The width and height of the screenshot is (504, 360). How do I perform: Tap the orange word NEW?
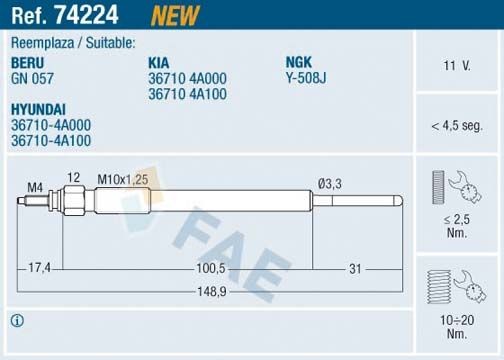174,14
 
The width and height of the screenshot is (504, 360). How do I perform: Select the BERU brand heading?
28,61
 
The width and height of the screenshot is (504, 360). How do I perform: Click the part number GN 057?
32,76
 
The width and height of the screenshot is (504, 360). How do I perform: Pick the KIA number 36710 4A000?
189,77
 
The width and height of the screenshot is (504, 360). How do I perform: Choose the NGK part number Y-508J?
307,76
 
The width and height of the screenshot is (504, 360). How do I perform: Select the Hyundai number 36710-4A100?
51,141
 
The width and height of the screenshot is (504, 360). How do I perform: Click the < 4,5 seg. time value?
457,126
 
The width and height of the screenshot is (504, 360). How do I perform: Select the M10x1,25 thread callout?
121,177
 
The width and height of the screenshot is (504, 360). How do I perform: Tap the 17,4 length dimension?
40,268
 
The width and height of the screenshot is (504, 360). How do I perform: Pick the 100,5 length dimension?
209,268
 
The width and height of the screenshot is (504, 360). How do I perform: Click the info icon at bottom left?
16,320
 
